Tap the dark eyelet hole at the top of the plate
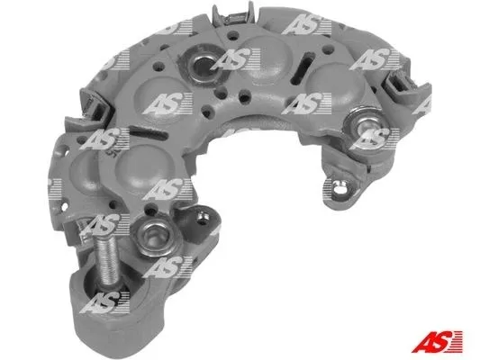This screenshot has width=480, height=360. point(203,65)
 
